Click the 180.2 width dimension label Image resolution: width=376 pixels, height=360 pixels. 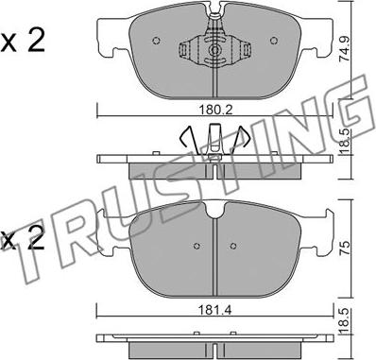click(x=215, y=110)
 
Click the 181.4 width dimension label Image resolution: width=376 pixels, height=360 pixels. click(x=215, y=310)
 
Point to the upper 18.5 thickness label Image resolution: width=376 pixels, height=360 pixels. click(x=345, y=142)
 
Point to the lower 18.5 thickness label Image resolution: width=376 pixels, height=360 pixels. click(x=345, y=318)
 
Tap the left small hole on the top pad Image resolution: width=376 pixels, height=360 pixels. click(x=156, y=41)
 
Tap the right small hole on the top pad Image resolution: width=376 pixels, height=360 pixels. click(x=274, y=41)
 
